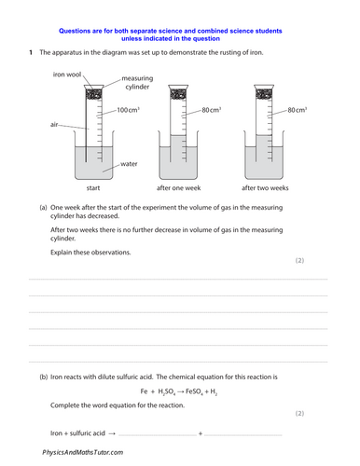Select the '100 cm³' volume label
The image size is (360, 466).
129,111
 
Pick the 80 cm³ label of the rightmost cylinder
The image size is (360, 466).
298,111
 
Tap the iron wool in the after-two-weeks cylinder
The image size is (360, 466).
264,94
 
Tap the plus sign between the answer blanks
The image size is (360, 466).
200,433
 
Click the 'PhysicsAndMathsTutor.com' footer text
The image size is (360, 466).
82,452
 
